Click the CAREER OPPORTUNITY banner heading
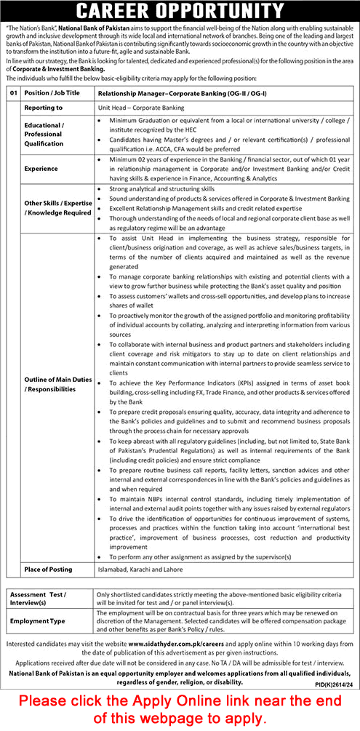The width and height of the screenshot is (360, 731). click(x=180, y=12)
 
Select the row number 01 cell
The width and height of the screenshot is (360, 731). click(x=13, y=94)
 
